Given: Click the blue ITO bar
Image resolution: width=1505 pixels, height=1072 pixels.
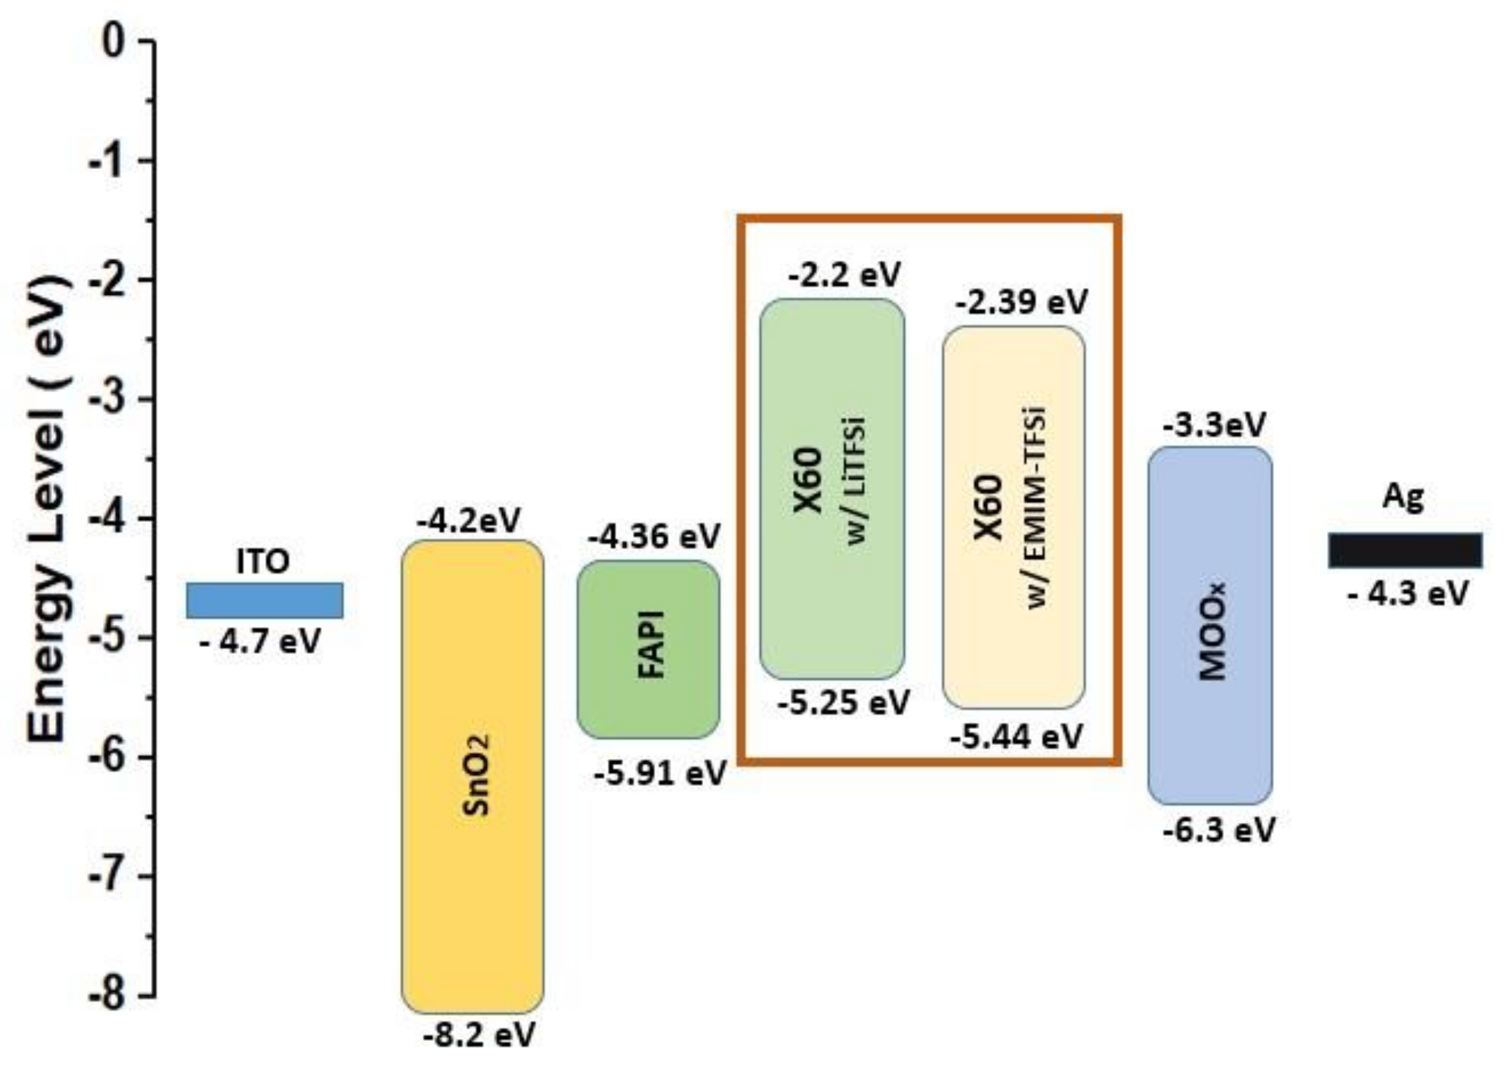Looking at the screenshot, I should [x=264, y=600].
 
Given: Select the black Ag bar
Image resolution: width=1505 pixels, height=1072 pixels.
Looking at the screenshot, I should [x=1405, y=550].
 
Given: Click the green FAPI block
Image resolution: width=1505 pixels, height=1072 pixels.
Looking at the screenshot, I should [x=649, y=649].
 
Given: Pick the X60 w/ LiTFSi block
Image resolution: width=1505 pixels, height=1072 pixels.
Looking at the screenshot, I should [x=831, y=488].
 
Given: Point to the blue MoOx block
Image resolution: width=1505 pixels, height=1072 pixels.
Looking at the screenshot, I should [x=1210, y=625].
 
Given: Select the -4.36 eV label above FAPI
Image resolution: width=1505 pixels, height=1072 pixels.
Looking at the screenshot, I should [x=653, y=537].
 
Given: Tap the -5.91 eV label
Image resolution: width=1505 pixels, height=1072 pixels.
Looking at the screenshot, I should [x=660, y=772].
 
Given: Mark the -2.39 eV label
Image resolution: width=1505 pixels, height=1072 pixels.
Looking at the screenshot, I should [x=1021, y=302].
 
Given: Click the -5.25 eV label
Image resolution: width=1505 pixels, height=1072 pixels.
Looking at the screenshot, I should [x=844, y=702].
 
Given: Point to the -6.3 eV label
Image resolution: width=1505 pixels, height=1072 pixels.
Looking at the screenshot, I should [x=1219, y=830].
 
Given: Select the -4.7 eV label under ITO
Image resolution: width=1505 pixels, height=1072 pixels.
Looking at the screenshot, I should [x=260, y=641].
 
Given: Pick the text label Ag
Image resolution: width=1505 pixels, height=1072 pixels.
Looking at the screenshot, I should [x=1403, y=497].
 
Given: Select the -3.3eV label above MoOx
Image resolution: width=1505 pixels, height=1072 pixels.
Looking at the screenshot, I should [x=1214, y=425].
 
